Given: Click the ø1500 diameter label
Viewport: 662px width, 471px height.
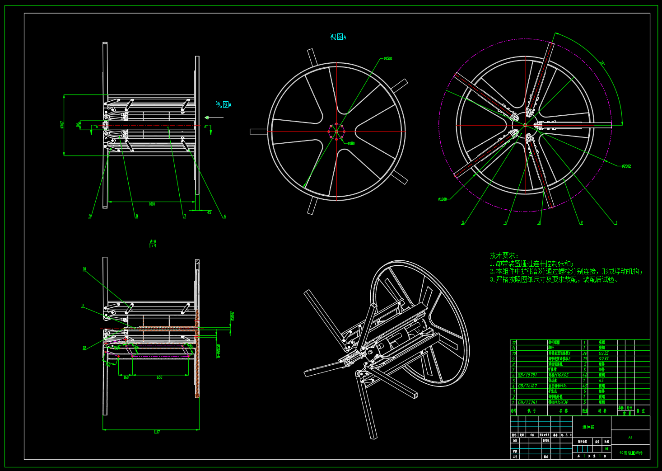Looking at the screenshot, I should (388, 58).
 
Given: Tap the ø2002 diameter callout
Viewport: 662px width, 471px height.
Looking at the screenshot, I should (626, 166).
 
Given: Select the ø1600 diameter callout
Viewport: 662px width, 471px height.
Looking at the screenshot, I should (443, 199).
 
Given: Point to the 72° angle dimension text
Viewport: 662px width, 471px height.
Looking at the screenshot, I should (602, 63).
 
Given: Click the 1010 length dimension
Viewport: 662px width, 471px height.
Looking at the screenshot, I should (152, 204).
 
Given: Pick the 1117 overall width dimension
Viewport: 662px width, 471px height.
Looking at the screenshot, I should (157, 432).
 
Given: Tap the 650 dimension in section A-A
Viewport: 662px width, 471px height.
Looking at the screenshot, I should (159, 377).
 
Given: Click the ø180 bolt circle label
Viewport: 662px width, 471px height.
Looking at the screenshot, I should (351, 143).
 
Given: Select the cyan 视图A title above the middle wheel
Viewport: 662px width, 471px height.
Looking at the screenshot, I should (338, 37).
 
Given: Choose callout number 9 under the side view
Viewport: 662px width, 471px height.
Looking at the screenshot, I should (90, 217).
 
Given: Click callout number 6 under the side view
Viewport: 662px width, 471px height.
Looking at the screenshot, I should (225, 217).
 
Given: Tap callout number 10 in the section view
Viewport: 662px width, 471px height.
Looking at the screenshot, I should (84, 269).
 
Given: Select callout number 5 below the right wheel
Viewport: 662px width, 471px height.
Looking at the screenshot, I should (463, 223).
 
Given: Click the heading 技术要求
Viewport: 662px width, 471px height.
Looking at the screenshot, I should (504, 255).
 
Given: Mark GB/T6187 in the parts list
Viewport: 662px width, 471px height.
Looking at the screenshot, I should (527, 386).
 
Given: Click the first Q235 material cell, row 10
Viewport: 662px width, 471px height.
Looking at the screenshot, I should (603, 353).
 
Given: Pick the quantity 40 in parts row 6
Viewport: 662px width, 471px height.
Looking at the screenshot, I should (585, 375).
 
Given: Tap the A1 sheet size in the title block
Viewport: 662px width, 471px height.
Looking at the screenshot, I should (630, 437).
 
